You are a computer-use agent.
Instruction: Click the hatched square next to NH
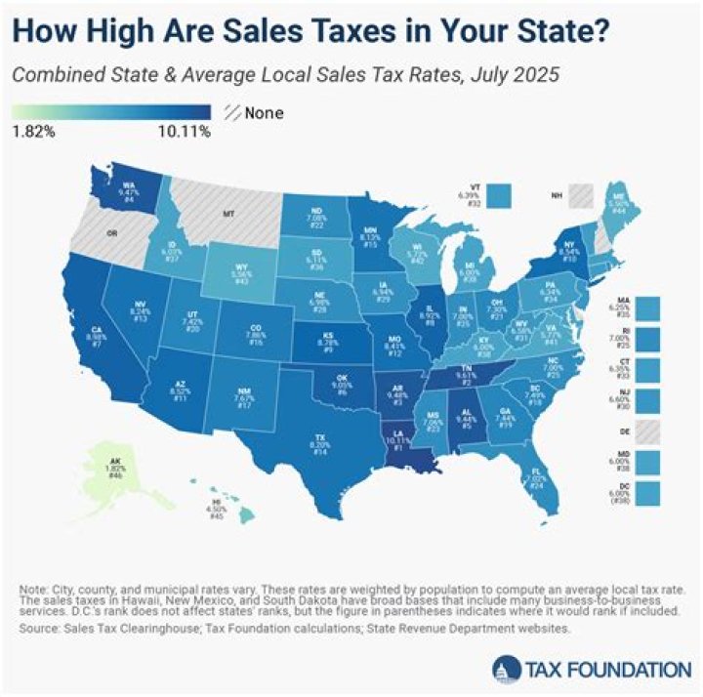click(584, 194)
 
